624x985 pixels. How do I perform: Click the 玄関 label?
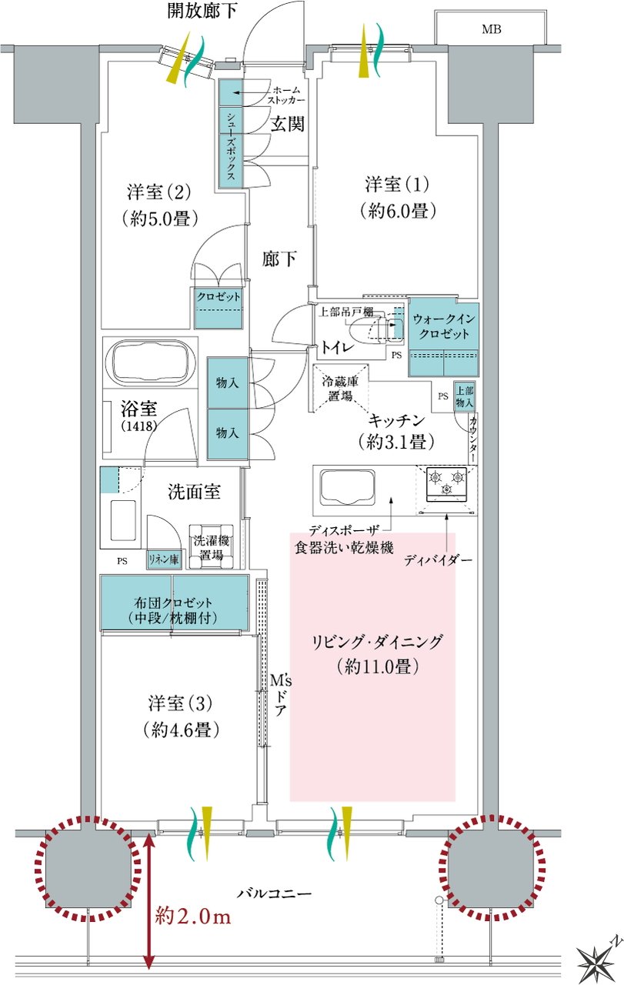click(287, 125)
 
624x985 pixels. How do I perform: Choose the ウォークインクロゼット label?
click(444, 326)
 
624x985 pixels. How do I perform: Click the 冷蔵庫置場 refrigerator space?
click(340, 387)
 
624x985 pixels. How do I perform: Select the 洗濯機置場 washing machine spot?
click(211, 546)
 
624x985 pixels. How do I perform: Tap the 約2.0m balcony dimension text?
click(193, 916)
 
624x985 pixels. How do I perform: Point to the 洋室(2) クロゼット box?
click(219, 308)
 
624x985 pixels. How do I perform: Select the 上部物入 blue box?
click(465, 396)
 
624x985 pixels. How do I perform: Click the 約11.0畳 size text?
click(378, 667)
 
